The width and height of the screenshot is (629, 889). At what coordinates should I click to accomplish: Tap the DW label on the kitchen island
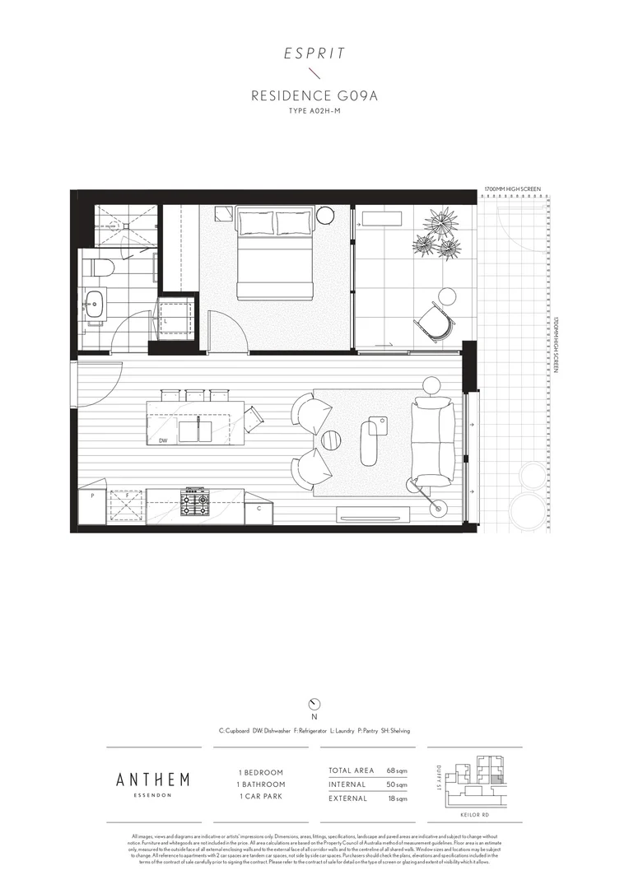[x=163, y=440]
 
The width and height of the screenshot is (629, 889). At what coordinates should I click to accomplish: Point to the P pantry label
[x=93, y=496]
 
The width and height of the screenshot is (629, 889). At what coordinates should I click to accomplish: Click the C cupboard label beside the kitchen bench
[x=259, y=508]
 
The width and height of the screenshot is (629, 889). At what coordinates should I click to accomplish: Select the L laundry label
[x=165, y=321]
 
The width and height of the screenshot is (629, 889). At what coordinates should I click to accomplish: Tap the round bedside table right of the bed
[x=324, y=216]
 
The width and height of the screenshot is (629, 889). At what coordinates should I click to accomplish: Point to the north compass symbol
[x=314, y=703]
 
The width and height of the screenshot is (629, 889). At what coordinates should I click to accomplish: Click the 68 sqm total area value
[x=397, y=770]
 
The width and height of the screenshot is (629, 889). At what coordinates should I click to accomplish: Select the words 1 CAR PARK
[x=261, y=797]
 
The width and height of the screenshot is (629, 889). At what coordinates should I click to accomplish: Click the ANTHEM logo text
[x=153, y=779]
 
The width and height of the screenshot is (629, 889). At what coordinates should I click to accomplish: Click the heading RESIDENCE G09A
[x=314, y=96]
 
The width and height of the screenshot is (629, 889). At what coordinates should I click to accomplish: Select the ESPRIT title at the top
[x=314, y=54]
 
